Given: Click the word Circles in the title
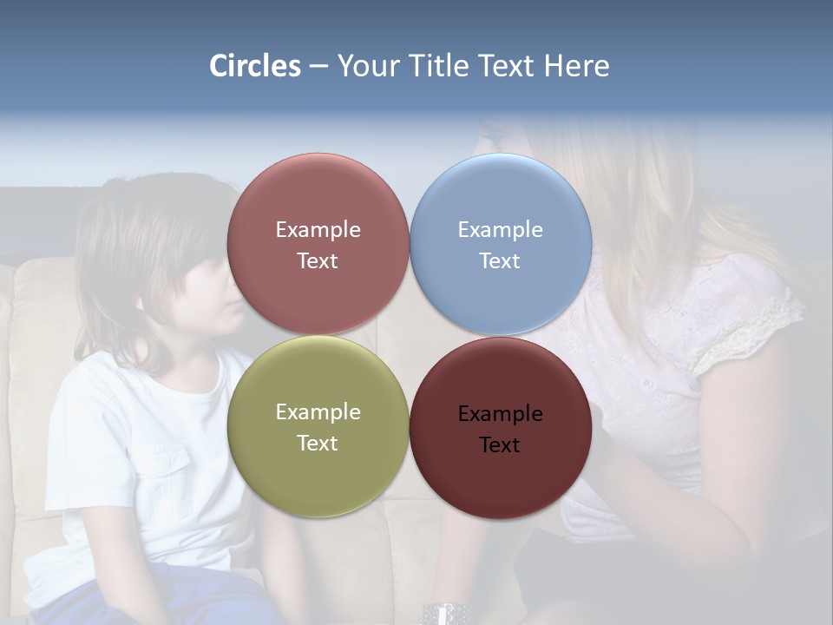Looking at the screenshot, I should click(254, 66).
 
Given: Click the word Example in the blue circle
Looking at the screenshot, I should click(501, 230).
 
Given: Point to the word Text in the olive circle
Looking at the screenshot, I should click(318, 444).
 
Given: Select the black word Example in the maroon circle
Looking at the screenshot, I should click(501, 414).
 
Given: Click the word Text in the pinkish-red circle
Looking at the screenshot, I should click(318, 261).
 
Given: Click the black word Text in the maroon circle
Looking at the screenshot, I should click(500, 445).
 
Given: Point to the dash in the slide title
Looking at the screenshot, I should click(318, 67).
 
